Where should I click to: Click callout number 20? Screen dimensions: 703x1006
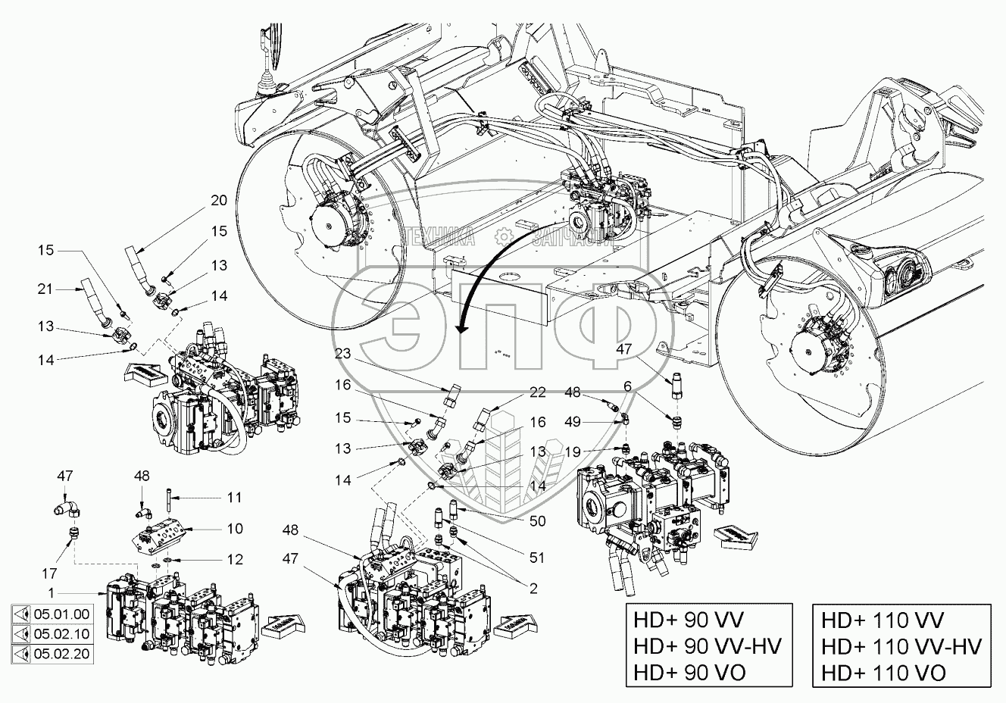click(218, 201)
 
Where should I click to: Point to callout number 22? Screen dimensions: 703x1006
click(537, 392)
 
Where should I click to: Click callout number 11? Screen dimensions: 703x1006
click(235, 498)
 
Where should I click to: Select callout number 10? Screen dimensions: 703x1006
click(235, 528)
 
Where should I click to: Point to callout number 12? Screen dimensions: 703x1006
click(235, 559)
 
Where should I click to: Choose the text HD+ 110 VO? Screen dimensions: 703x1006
click(882, 671)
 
